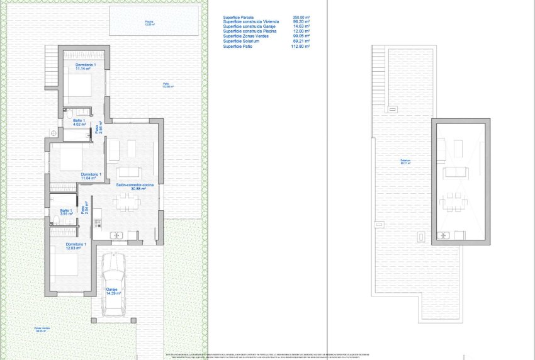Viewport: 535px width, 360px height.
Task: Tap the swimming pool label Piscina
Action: coord(149,23)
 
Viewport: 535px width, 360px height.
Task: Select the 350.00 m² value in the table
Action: coord(301,18)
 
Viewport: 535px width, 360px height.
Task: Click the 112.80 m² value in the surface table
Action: coord(301,47)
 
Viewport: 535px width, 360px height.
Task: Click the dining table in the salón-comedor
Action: coord(126,202)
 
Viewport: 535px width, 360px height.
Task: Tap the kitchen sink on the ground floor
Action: coord(116,236)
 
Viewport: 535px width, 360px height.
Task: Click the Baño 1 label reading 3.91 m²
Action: coord(67,212)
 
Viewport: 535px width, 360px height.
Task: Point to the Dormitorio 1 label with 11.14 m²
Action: coord(86,67)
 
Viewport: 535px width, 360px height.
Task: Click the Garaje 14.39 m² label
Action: coord(114,291)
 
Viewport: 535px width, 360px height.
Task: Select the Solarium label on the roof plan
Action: coord(405,162)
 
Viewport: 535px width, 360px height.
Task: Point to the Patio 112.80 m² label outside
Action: coord(167,86)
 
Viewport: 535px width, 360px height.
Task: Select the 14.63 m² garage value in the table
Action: coord(301,27)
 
